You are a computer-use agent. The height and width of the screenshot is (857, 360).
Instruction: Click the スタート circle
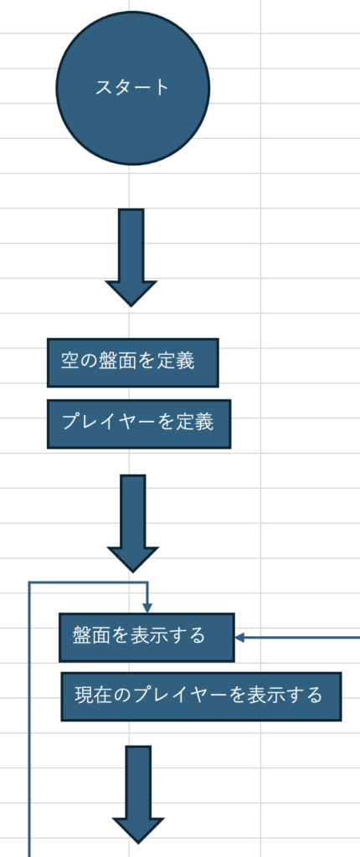[133, 88]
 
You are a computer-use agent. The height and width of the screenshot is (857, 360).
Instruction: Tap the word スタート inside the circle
[132, 87]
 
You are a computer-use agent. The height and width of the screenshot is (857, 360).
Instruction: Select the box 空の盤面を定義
[133, 363]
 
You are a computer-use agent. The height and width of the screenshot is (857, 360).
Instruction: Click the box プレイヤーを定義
[139, 424]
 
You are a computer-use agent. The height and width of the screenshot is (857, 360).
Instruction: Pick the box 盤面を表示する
[147, 637]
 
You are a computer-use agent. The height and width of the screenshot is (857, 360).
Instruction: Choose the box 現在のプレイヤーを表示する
[201, 697]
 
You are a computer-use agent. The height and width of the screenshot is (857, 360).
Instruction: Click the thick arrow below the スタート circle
[131, 258]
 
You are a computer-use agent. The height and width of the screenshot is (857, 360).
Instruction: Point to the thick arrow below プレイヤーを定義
[133, 524]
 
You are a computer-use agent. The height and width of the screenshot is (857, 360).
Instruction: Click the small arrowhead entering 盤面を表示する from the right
[239, 637]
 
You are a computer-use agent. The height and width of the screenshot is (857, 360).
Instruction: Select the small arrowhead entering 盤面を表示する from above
[147, 608]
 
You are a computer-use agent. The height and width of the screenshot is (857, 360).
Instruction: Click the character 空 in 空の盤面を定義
[69, 362]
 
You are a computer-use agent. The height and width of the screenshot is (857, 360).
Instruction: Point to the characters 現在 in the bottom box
[93, 695]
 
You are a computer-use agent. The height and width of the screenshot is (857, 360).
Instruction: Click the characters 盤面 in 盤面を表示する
[90, 636]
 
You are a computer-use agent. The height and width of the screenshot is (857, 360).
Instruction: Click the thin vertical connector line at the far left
[28, 720]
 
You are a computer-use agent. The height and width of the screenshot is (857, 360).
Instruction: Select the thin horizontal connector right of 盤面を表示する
[298, 637]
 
